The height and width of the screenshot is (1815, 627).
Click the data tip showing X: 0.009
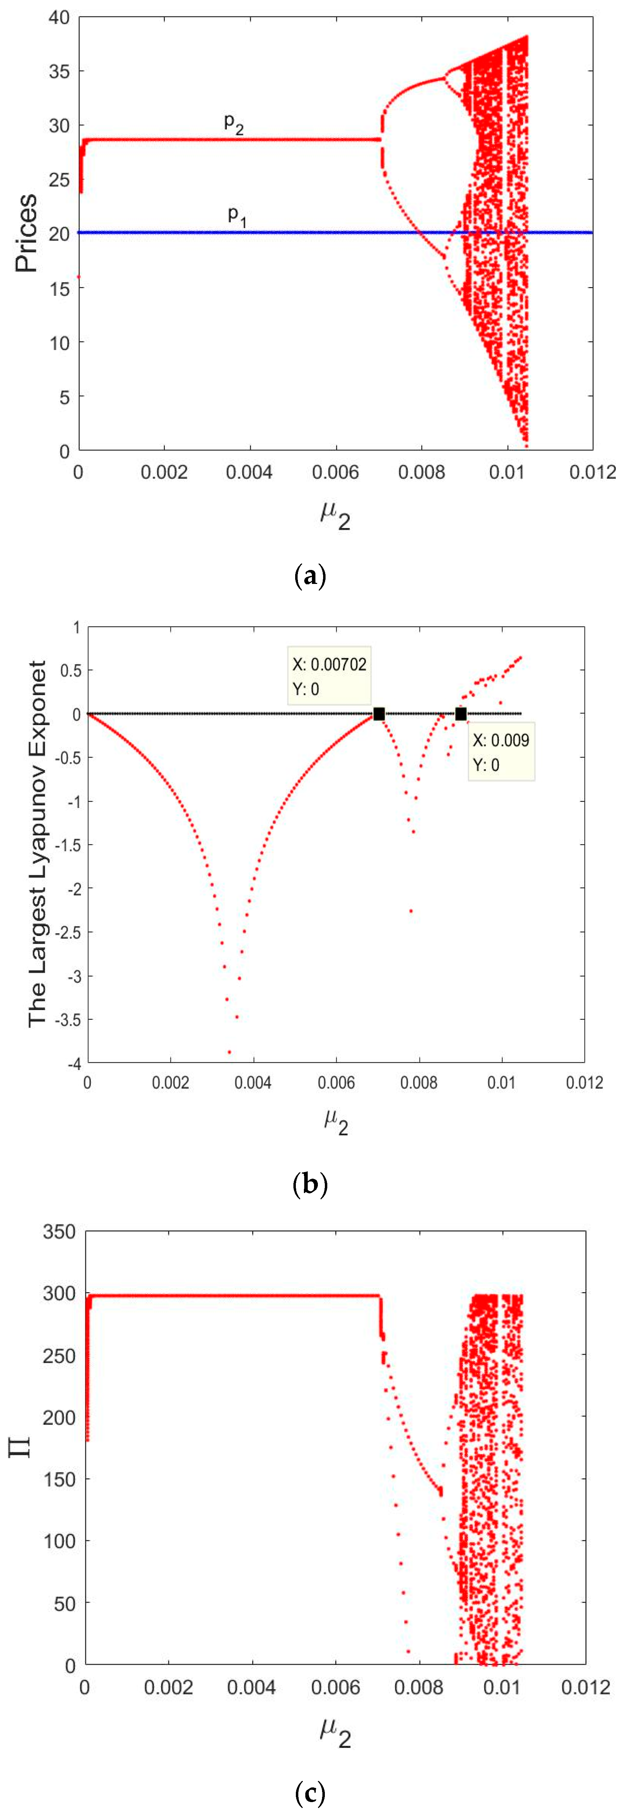coord(501,752)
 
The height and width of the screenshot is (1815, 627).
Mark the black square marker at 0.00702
coord(379,714)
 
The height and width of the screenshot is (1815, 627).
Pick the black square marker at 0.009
coord(461,714)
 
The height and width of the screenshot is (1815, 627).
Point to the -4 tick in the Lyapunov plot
coord(73,1063)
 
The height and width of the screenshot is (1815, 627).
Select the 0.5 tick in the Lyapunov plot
coord(71,670)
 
